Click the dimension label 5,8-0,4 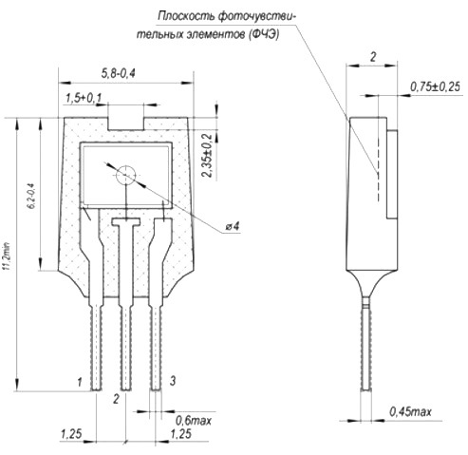119,73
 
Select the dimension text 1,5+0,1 84,98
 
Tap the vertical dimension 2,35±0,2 207,155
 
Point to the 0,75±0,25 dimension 435,86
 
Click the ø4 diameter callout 233,226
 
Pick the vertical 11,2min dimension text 7,256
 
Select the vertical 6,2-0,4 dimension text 32,196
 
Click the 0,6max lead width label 194,421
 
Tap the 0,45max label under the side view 410,411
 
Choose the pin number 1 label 80,382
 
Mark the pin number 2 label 116,399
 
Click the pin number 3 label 173,380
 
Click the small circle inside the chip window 125,175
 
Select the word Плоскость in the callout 186,16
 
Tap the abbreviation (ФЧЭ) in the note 263,34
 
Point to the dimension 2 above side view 373,57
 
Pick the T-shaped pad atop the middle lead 126,221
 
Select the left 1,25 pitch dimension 71,433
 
